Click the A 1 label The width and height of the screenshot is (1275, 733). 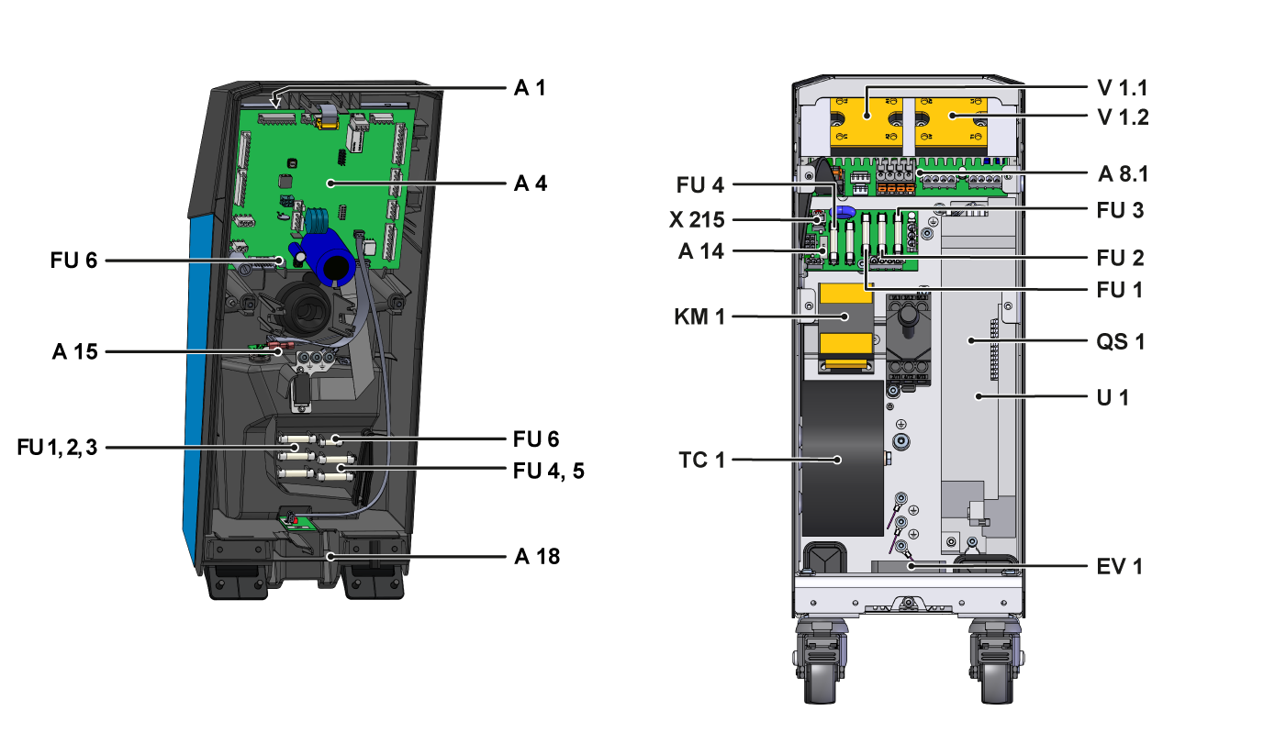tap(530, 88)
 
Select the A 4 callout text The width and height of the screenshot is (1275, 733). tap(530, 183)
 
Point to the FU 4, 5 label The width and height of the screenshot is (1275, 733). tap(548, 471)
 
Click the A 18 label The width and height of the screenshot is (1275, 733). tap(536, 556)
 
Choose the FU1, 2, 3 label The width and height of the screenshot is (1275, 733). tap(57, 448)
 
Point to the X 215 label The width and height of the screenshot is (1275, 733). tap(697, 220)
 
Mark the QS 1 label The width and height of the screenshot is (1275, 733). tap(1121, 341)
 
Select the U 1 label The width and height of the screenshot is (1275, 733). tap(1114, 398)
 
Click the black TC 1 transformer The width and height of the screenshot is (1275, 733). tap(843, 459)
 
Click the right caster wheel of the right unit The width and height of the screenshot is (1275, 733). tap(993, 665)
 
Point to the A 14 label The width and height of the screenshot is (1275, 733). tap(700, 250)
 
